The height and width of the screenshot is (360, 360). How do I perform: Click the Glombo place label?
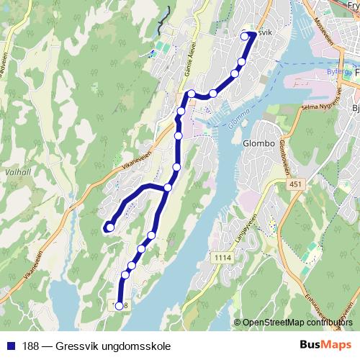click(x=260, y=143)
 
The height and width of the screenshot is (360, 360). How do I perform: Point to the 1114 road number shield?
click(x=223, y=257)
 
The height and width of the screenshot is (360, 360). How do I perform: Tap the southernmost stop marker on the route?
click(x=120, y=306)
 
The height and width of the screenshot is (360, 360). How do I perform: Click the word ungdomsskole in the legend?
click(x=139, y=346)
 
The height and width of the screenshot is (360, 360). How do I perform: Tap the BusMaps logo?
click(x=320, y=345)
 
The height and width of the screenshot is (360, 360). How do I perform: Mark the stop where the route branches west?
click(x=168, y=187)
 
